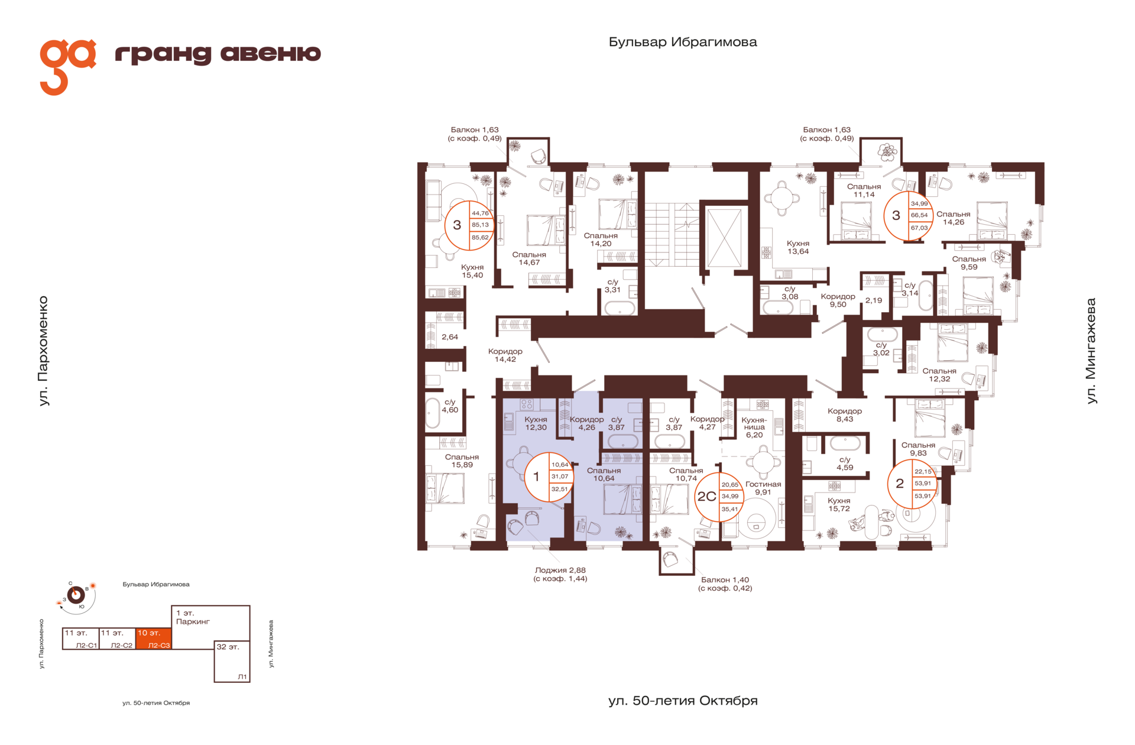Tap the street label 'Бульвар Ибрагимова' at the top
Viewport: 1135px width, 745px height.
(683, 42)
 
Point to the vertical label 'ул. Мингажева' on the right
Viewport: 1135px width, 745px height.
(1091, 351)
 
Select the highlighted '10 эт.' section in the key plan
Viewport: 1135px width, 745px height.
(154, 639)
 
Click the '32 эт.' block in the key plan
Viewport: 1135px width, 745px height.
(232, 661)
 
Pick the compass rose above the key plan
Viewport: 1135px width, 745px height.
(76, 595)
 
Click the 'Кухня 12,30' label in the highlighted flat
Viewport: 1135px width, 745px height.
(536, 423)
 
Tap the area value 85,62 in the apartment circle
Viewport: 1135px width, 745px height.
(480, 238)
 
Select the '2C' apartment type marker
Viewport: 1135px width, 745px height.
(706, 497)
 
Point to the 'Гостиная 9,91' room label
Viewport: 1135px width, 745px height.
(763, 488)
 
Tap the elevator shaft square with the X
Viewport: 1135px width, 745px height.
(724, 238)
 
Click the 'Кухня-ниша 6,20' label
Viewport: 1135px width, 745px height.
(754, 427)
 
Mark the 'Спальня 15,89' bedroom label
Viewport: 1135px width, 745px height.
(462, 461)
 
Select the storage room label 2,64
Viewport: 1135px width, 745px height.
(450, 337)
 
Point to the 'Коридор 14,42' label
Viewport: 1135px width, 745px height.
(505, 355)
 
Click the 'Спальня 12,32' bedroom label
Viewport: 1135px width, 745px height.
(939, 375)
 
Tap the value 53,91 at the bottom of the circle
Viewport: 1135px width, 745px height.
(923, 496)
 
